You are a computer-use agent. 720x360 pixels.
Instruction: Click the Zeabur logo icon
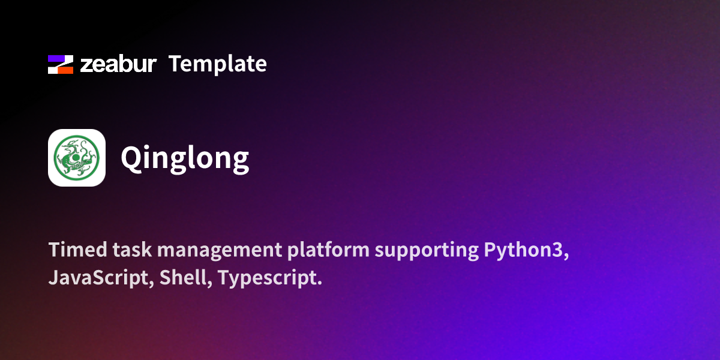[61, 64]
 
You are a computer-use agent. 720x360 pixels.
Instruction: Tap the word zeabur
[118, 64]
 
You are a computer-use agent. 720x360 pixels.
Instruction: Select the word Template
[218, 64]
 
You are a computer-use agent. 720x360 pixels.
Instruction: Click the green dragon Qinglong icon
[77, 157]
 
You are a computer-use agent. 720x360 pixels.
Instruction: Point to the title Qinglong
[185, 158]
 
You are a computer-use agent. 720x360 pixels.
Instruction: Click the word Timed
[78, 250]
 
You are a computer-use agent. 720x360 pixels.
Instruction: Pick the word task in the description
[132, 250]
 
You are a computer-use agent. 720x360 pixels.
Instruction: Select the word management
[220, 251]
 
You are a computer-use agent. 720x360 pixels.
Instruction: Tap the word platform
[329, 250]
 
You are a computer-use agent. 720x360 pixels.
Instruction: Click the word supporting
[427, 251]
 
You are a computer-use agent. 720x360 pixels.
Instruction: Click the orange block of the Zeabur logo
[65, 70]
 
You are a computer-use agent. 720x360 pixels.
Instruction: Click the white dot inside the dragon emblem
[76, 157]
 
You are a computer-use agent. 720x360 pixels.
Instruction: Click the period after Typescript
[319, 283]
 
